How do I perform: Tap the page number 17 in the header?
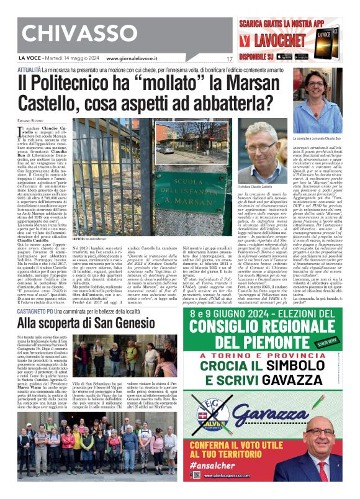coord(229,59)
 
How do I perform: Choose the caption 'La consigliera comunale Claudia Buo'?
coord(317,137)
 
